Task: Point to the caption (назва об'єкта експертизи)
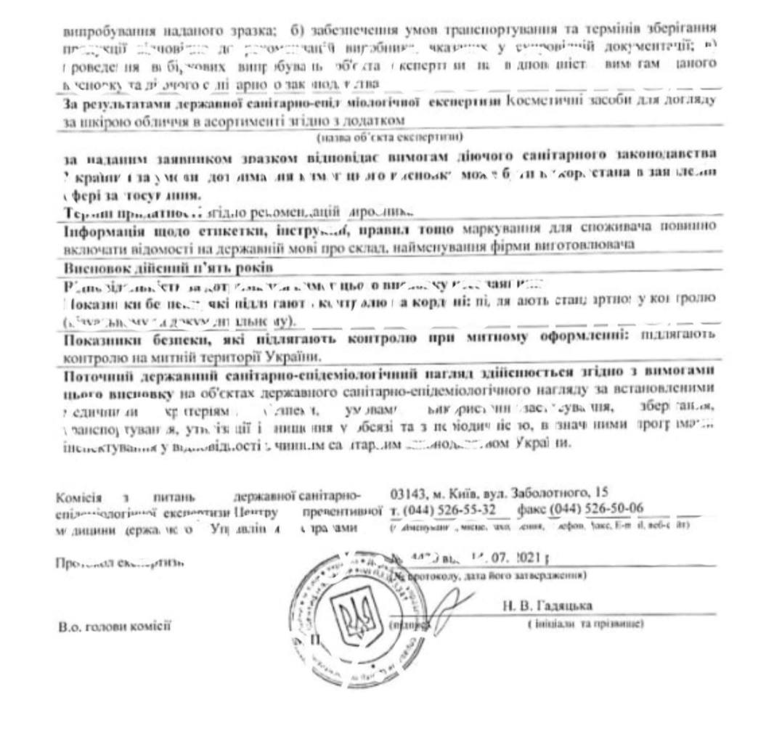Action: coord(391,136)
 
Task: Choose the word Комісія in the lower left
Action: coord(82,497)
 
